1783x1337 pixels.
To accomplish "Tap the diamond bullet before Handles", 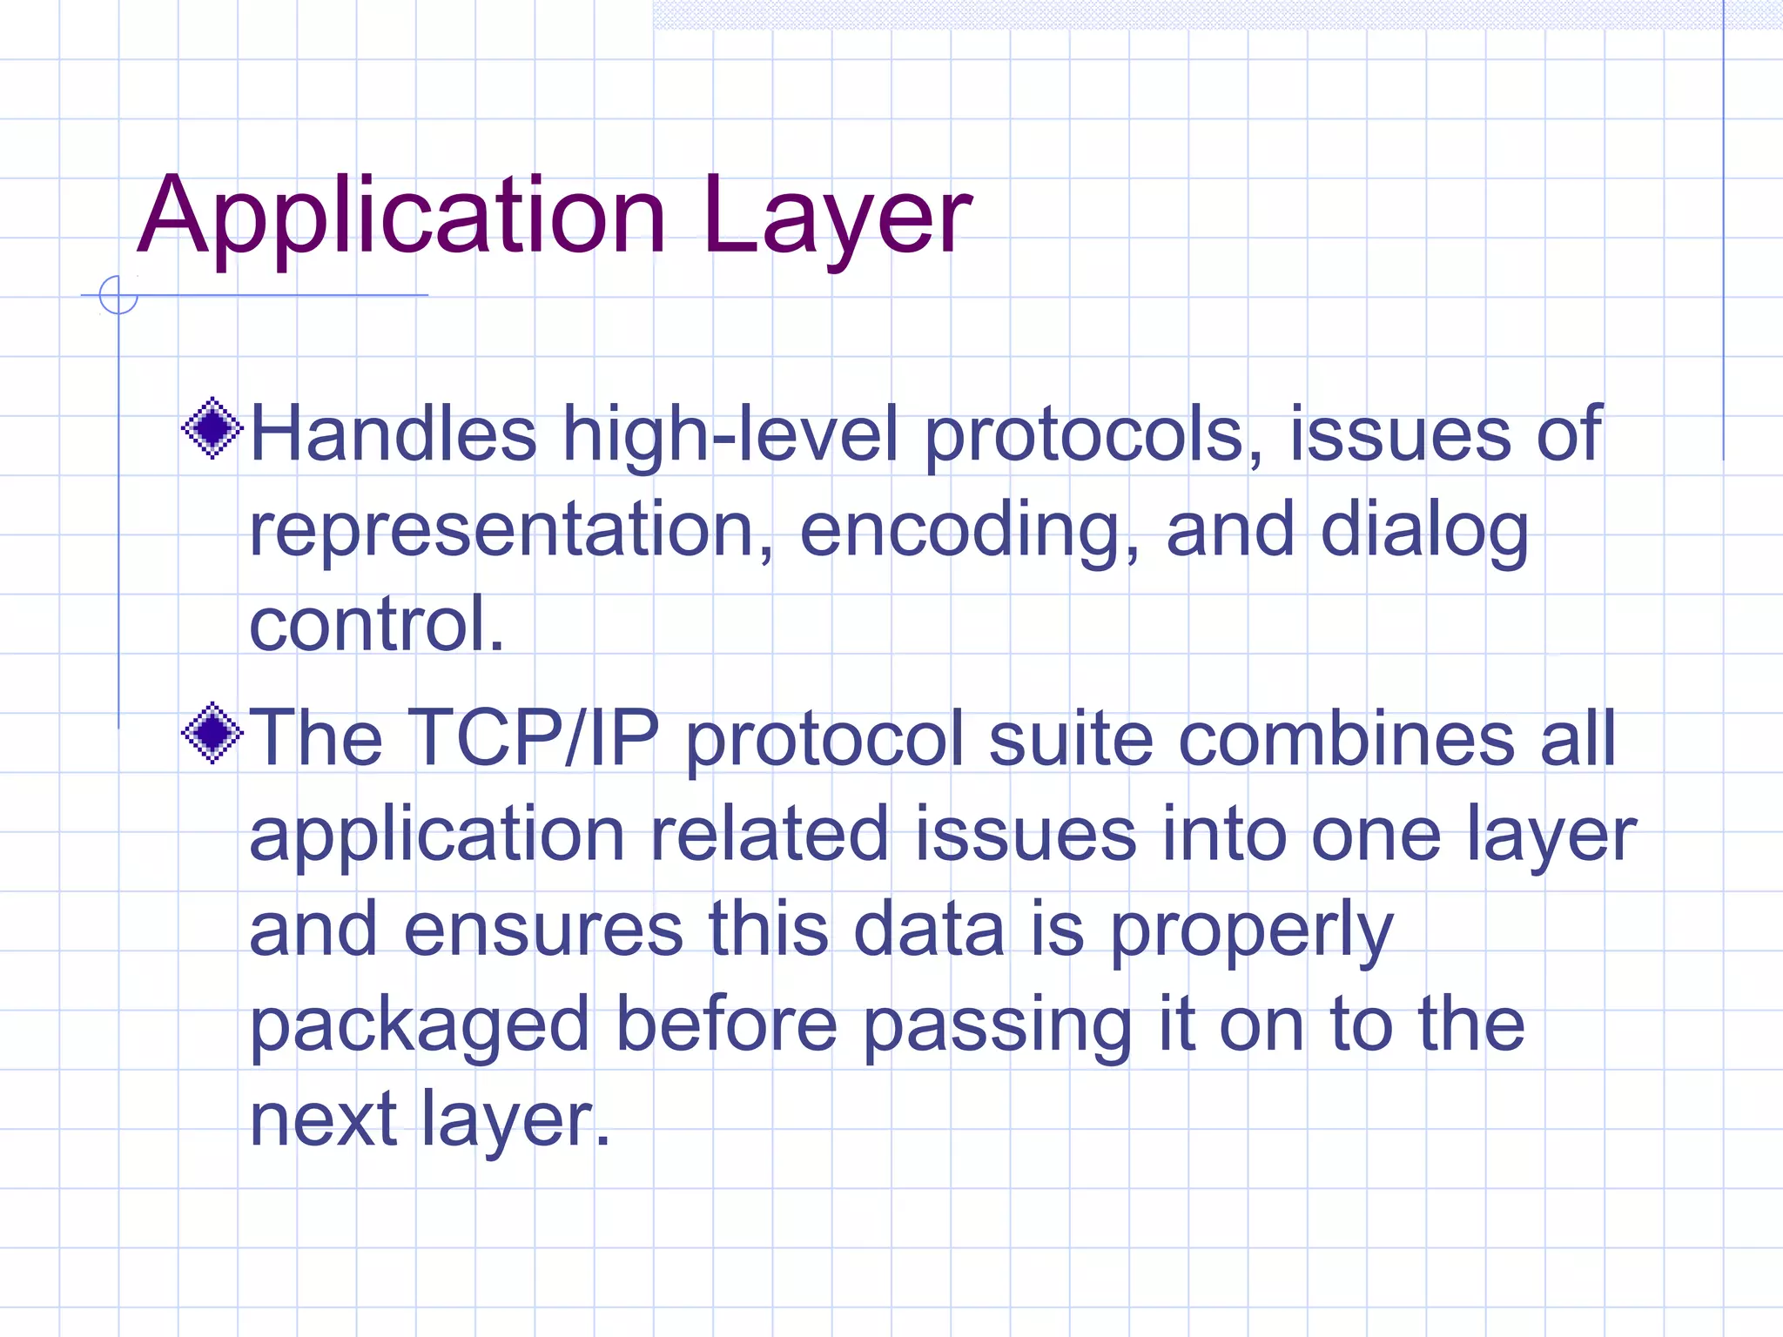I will [212, 428].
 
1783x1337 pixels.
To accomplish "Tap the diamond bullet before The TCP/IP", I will [212, 733].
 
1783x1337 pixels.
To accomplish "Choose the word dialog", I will [1424, 531].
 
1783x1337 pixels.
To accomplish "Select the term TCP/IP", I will [533, 738].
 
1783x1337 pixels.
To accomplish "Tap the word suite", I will [1071, 738].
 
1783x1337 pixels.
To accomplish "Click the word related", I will [770, 834].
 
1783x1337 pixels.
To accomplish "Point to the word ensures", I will [543, 930].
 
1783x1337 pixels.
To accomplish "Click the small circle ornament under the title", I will [118, 295].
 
